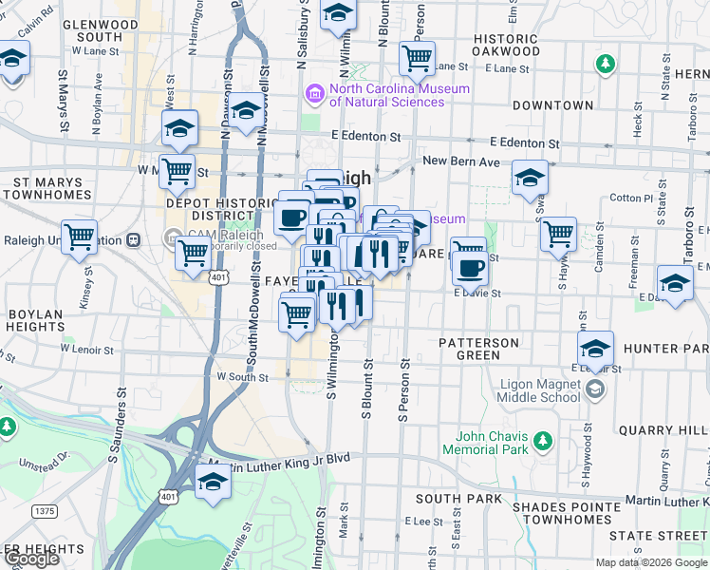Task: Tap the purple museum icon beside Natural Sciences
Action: pyautogui.click(x=313, y=95)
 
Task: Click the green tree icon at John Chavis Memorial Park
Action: pyautogui.click(x=542, y=441)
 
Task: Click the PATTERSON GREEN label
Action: pyautogui.click(x=478, y=349)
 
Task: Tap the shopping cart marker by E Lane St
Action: pyautogui.click(x=417, y=59)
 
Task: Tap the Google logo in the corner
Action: pyautogui.click(x=30, y=559)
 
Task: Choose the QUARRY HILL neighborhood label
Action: pyautogui.click(x=663, y=430)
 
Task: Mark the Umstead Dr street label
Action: pyautogui.click(x=51, y=460)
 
